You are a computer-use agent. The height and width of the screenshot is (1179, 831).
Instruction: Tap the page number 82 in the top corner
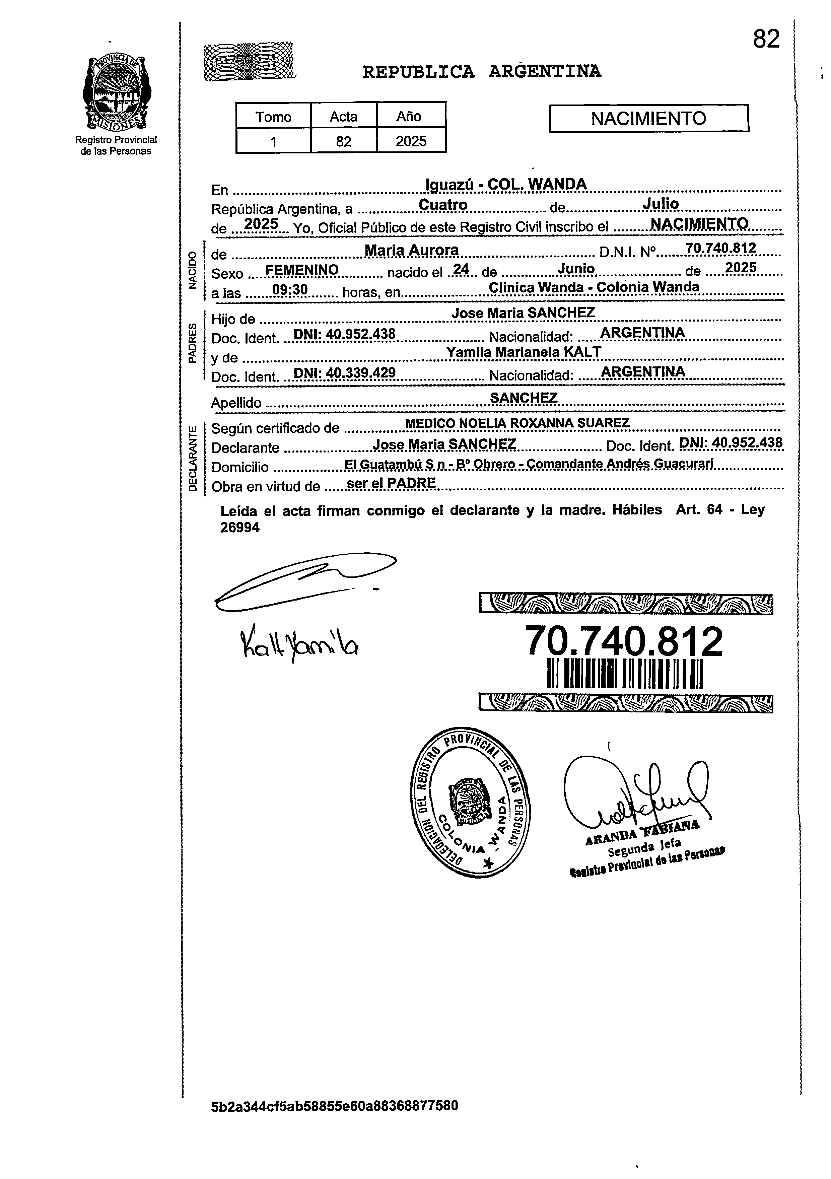click(766, 39)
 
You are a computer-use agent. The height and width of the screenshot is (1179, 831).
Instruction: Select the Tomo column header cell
click(273, 117)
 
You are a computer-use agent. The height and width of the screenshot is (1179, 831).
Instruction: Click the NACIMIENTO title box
click(649, 119)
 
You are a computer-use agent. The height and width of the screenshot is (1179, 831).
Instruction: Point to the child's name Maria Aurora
click(411, 250)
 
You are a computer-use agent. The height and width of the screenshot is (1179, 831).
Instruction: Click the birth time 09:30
click(290, 290)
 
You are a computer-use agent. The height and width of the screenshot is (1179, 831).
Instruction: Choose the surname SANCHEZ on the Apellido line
click(524, 398)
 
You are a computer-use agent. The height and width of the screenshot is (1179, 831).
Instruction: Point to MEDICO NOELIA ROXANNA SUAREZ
click(517, 423)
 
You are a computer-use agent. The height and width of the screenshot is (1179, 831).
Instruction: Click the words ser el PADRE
click(391, 483)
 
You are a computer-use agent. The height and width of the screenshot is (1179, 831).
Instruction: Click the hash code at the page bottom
click(334, 1119)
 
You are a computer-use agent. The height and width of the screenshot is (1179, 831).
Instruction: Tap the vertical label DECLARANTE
click(193, 459)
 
